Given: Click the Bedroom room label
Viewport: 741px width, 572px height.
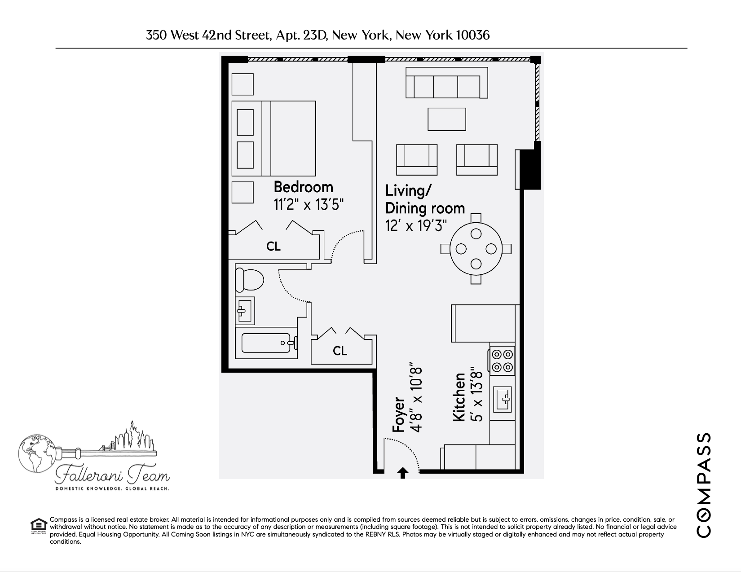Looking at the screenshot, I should tap(303, 187).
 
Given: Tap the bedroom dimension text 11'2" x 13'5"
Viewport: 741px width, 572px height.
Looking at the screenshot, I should tap(309, 205).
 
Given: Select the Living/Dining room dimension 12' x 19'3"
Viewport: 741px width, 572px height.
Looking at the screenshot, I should tap(416, 225).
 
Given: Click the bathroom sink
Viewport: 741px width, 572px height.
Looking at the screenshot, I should tap(244, 310).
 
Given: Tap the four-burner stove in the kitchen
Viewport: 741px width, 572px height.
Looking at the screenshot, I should tap(502, 361).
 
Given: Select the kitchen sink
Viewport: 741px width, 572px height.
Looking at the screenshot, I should tap(503, 399).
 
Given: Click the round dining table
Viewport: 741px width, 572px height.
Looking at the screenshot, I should tap(476, 248).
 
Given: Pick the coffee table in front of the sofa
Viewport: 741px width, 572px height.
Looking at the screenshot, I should tap(446, 119).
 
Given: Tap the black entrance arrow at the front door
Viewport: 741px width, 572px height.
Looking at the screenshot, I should tap(403, 473).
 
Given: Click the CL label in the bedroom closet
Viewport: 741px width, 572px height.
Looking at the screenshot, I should tap(273, 246).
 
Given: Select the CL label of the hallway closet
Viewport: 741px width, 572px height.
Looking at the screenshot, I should tap(340, 351).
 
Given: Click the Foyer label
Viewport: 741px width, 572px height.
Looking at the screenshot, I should tap(398, 414).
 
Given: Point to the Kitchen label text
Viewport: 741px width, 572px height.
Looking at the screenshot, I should tap(459, 397).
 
